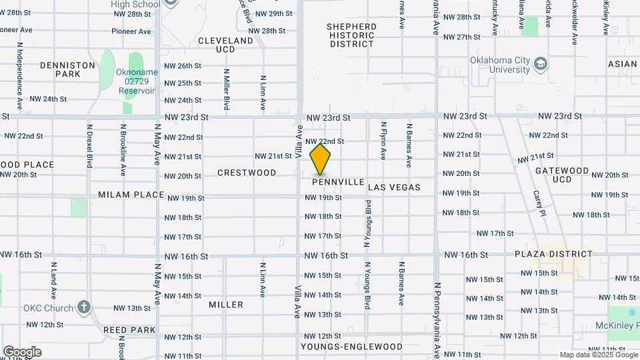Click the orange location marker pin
(x=321, y=159)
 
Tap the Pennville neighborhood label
(x=338, y=182)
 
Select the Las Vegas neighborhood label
(x=394, y=187)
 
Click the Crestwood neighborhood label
(x=247, y=173)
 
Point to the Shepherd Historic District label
(x=351, y=35)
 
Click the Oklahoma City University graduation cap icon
(x=541, y=65)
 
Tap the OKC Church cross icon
(x=83, y=307)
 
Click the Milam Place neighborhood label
(x=131, y=195)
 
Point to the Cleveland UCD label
(x=226, y=45)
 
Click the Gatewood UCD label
(x=562, y=175)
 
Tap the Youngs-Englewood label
(x=351, y=347)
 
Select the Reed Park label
(x=129, y=330)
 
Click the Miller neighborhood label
(x=226, y=305)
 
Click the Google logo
(x=21, y=352)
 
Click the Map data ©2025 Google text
(x=598, y=355)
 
